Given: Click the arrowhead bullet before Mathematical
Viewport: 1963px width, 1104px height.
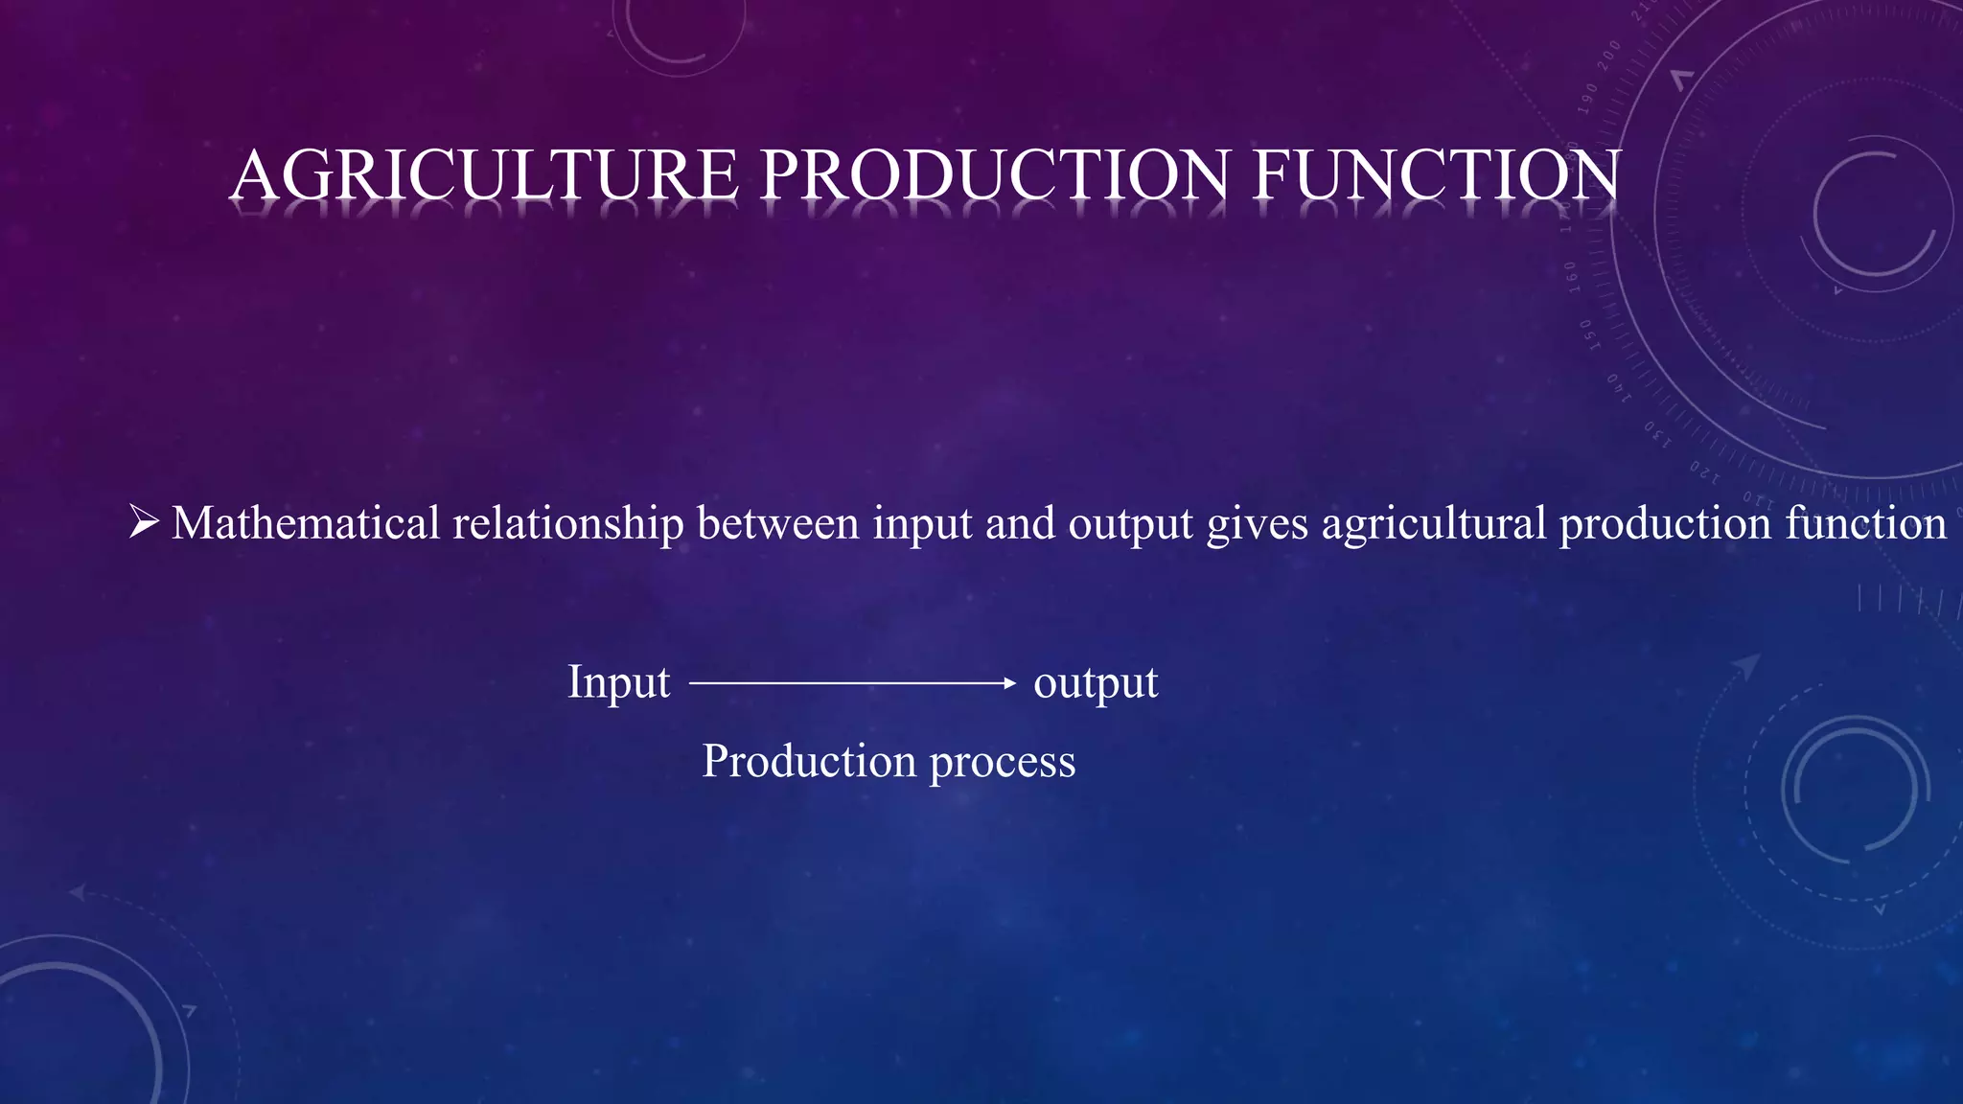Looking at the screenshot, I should (144, 522).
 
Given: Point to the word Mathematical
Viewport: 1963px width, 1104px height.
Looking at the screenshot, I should (305, 523).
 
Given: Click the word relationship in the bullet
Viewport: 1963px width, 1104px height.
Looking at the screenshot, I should (567, 523).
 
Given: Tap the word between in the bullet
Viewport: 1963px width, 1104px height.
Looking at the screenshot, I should (777, 523).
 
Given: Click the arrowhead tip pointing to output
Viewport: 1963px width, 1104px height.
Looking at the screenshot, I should (1010, 683).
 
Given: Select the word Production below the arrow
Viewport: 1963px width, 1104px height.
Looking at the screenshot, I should (809, 761).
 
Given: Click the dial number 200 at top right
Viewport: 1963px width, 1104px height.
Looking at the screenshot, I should (1609, 55).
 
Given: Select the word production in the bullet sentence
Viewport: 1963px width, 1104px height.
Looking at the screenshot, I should (1664, 525).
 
